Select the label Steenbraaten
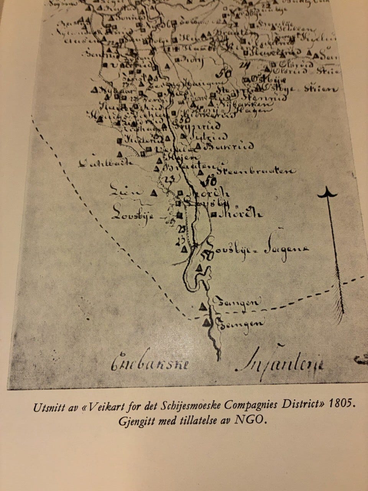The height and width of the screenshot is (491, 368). [x=255, y=171]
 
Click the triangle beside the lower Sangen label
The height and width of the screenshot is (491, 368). [x=207, y=321]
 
